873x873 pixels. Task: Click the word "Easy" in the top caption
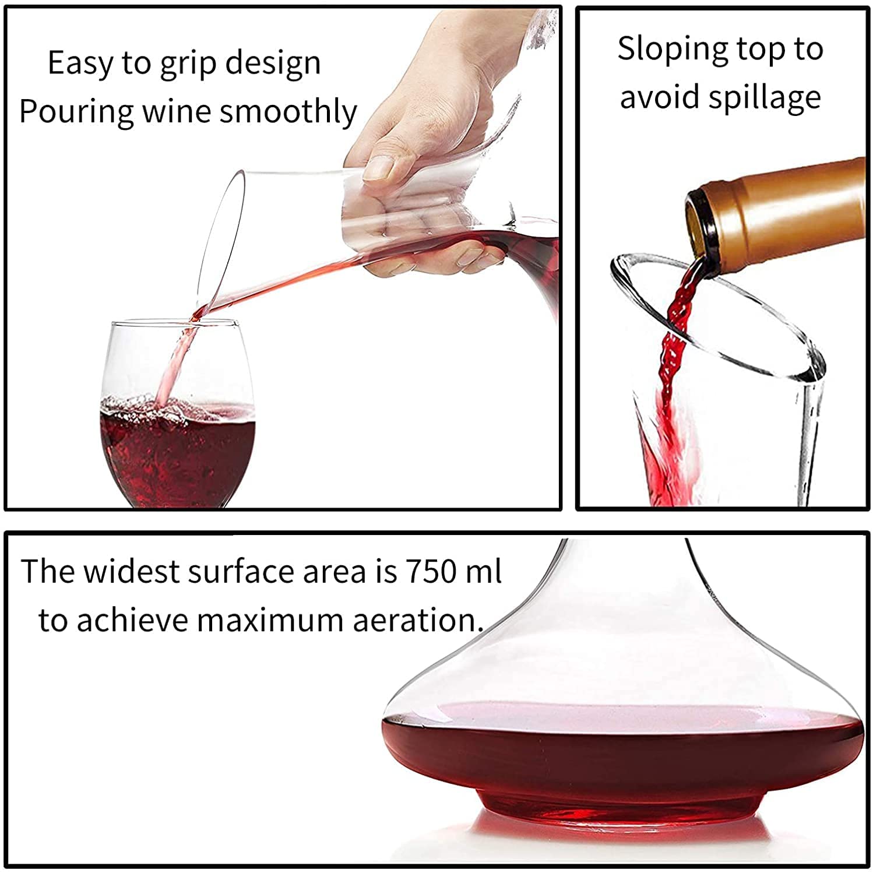click(x=80, y=63)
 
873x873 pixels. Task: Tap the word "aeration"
click(x=417, y=620)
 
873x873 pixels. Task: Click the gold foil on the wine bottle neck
click(x=787, y=204)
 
